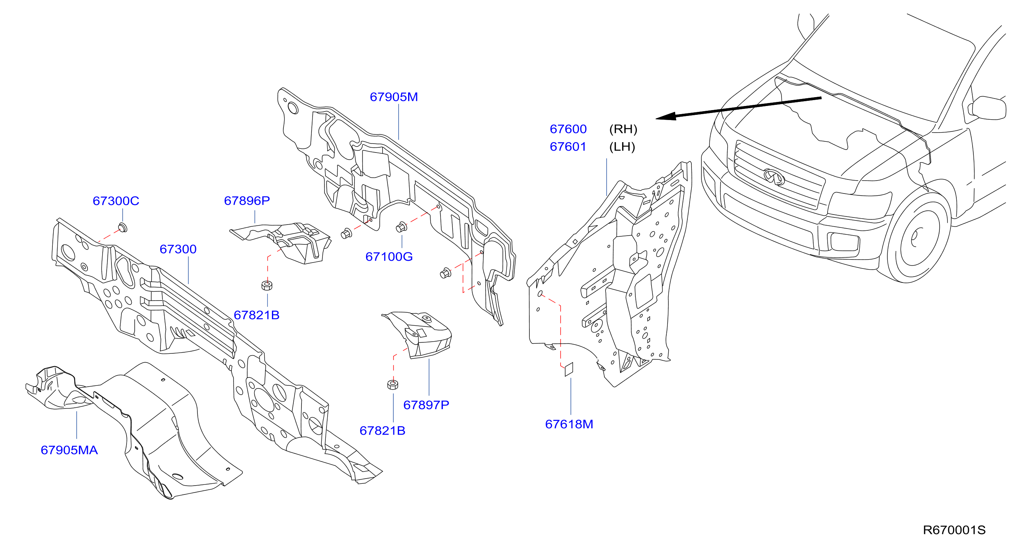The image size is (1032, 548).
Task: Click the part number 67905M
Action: coord(393,97)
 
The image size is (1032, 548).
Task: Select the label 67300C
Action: coord(116,201)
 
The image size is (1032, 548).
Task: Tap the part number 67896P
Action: coord(247,201)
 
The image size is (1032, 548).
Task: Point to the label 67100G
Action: coord(389,257)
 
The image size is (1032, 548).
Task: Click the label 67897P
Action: coord(426,405)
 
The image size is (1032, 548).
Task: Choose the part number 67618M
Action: coord(569,424)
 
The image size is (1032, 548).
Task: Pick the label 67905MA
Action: coord(69,450)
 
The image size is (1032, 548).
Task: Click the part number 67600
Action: coord(568,129)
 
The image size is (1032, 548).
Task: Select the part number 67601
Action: coord(568,147)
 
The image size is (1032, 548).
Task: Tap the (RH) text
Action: coord(623,129)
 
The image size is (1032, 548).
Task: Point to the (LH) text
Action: coord(622,147)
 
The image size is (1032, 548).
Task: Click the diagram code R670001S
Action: coord(954,530)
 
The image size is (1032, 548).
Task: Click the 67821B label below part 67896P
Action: coord(256,315)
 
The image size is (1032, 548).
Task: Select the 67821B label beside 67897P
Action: coord(382,431)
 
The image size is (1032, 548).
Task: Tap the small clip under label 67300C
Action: coord(123,228)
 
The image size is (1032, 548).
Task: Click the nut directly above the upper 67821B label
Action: coord(267,285)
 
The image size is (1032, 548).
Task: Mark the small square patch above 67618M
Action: coord(569,369)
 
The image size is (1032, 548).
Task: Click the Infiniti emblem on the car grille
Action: coord(774,177)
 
